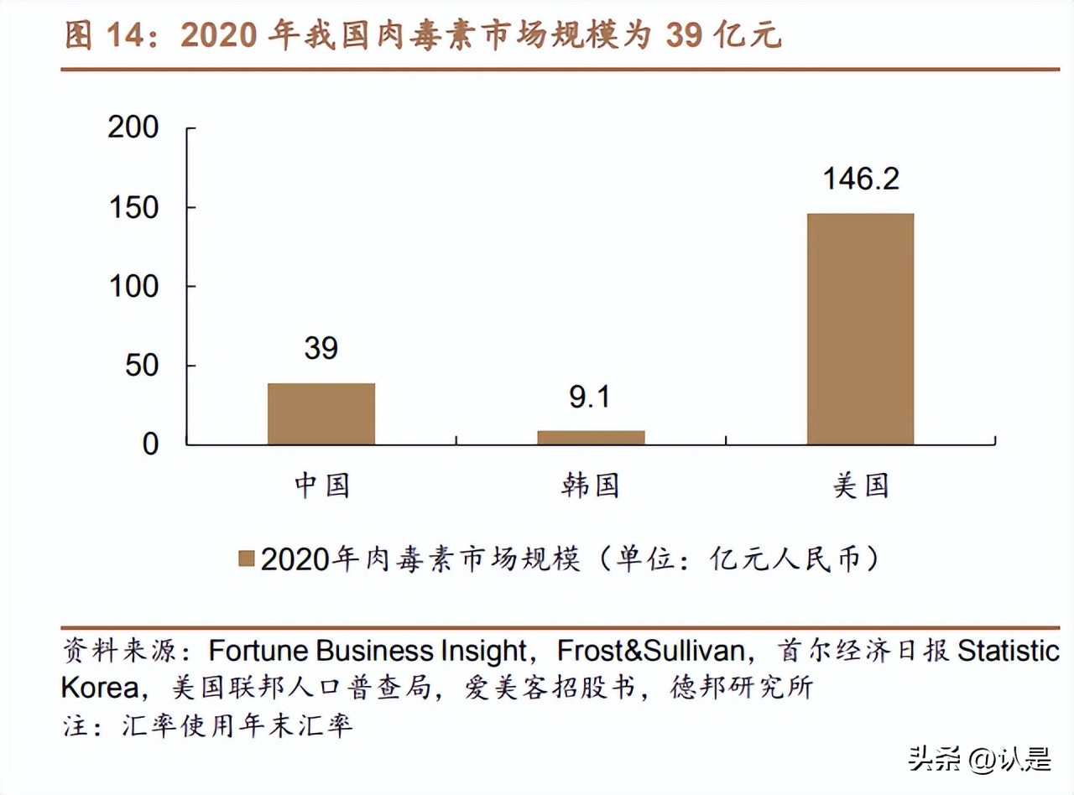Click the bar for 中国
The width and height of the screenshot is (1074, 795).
click(321, 413)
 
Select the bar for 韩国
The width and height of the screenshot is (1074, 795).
click(591, 437)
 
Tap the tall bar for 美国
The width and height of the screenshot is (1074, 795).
click(860, 329)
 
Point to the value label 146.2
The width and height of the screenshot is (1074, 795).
click(861, 179)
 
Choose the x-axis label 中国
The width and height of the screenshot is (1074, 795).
click(321, 486)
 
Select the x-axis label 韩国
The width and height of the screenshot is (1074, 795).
click(591, 486)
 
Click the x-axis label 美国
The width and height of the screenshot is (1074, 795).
click(861, 486)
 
